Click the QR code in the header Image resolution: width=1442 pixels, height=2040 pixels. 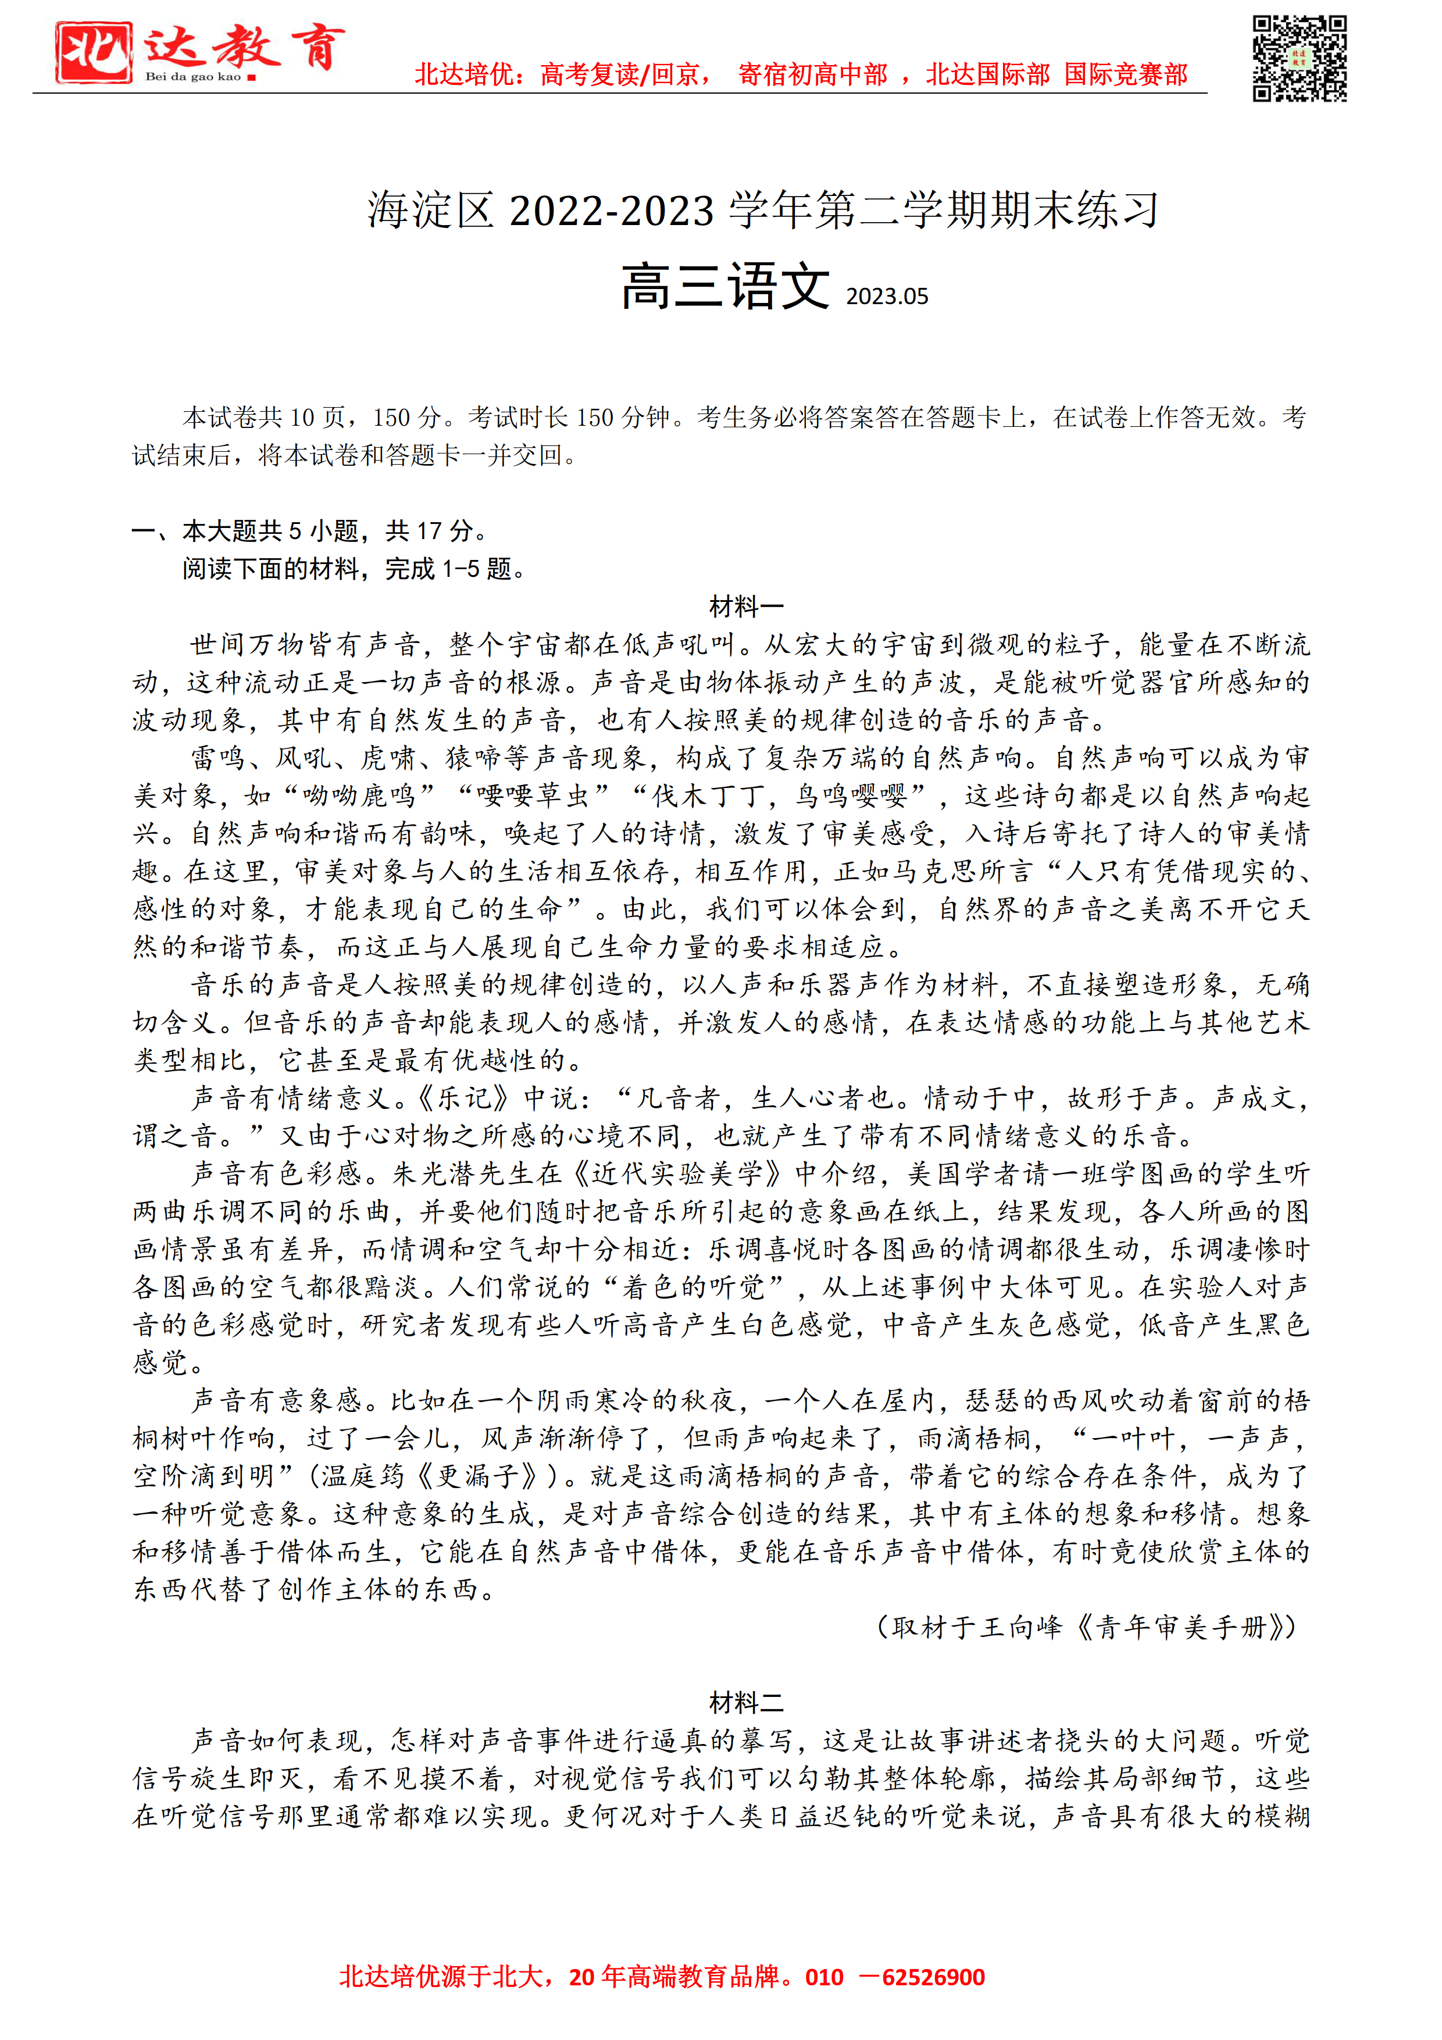pos(1299,59)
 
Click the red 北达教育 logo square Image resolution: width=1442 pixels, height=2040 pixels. pos(93,52)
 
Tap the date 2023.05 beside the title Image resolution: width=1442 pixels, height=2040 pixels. pos(887,297)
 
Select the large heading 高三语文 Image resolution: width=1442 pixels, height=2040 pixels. pos(725,287)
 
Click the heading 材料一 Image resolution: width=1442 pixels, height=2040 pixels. pos(747,607)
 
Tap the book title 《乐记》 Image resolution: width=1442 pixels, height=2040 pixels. pos(462,1098)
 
